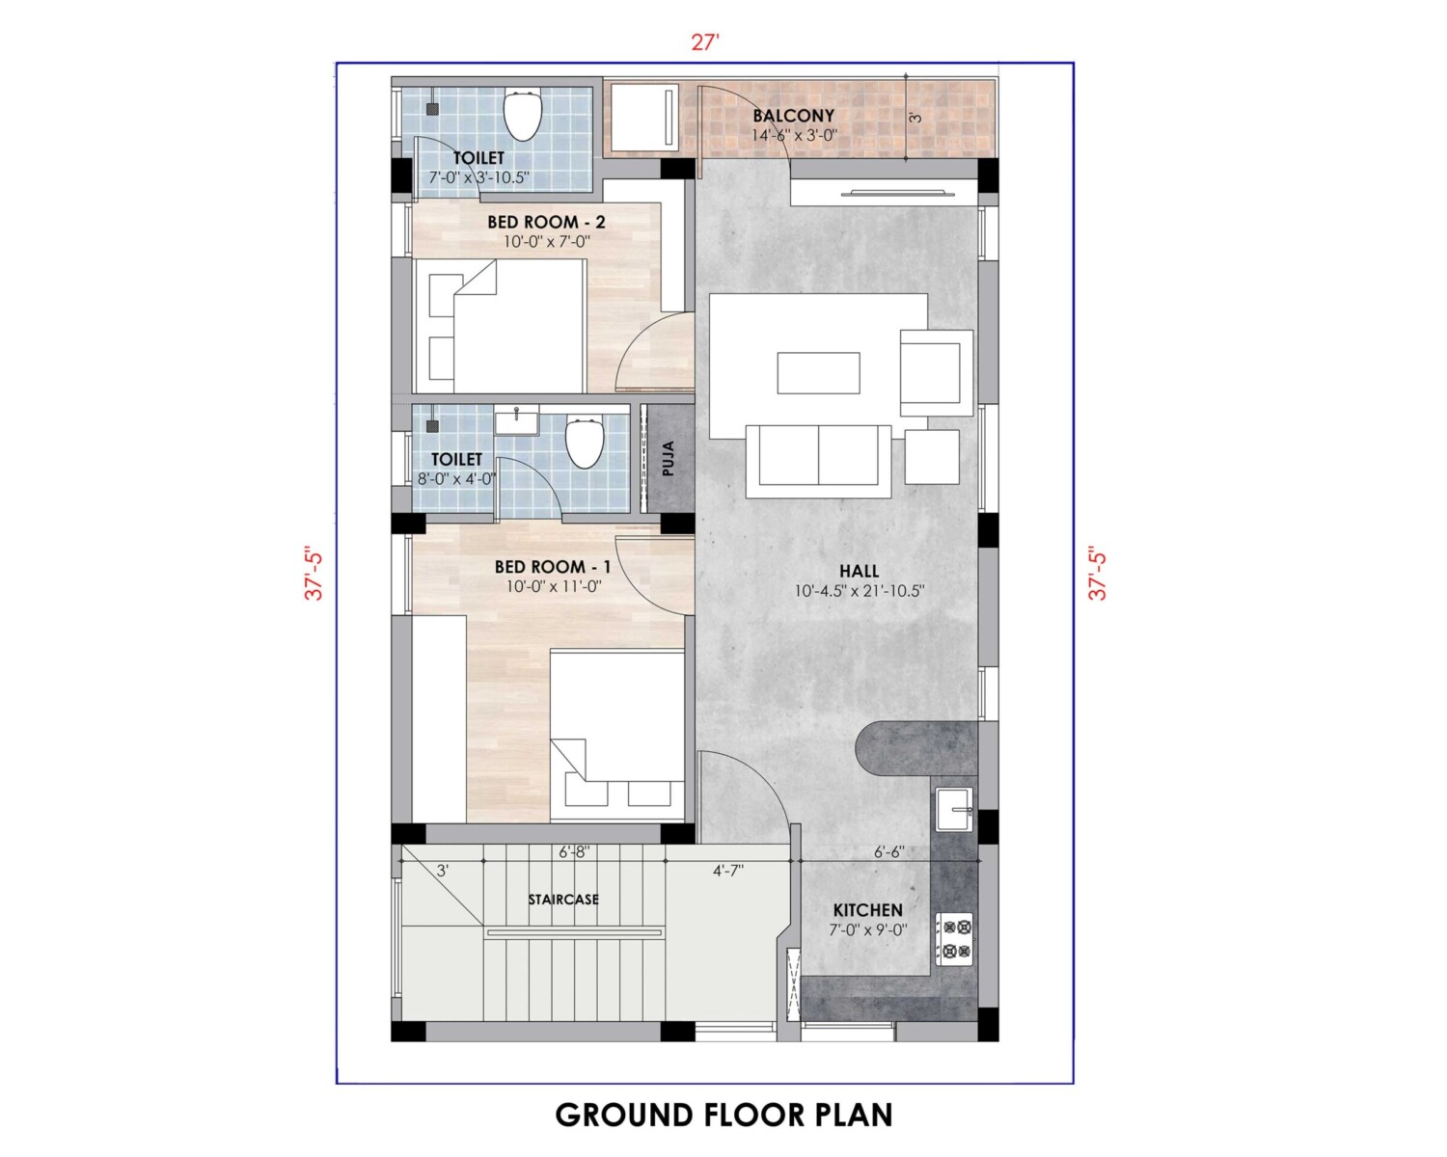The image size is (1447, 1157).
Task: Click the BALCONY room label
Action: pyautogui.click(x=793, y=116)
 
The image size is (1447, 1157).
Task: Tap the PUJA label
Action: pyautogui.click(x=668, y=459)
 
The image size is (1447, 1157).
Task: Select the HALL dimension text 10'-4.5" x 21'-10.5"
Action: pyautogui.click(x=860, y=592)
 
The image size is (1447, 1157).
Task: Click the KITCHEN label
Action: pyautogui.click(x=867, y=910)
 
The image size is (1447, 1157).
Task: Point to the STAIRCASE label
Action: pyautogui.click(x=562, y=900)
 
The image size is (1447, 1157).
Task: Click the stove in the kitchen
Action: pyautogui.click(x=955, y=939)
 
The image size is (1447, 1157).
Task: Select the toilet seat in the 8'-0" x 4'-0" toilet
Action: pyautogui.click(x=585, y=443)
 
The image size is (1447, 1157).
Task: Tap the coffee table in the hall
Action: pyautogui.click(x=818, y=373)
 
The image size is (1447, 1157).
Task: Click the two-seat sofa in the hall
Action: pyautogui.click(x=819, y=461)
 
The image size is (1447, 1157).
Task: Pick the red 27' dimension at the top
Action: pyautogui.click(x=705, y=43)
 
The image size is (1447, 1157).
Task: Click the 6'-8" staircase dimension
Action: pyautogui.click(x=574, y=852)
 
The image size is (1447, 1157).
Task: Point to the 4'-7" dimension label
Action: pyautogui.click(x=728, y=872)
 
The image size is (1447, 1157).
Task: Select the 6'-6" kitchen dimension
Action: pyautogui.click(x=888, y=852)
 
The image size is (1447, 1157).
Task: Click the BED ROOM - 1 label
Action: pyautogui.click(x=553, y=567)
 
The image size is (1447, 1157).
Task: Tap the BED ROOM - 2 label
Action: pyautogui.click(x=546, y=222)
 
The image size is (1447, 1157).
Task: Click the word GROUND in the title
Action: pyautogui.click(x=625, y=1115)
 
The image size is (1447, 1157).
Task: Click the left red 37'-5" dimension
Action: pyautogui.click(x=314, y=573)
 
